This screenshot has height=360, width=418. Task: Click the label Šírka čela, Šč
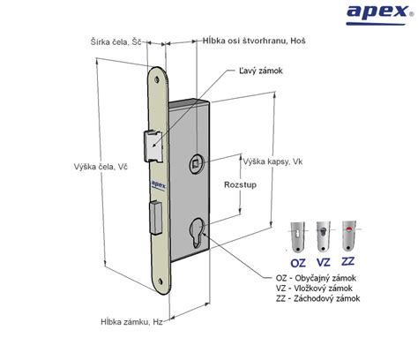[116, 42]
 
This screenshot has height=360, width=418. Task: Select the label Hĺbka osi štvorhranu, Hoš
[254, 41]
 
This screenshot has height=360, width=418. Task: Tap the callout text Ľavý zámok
[261, 71]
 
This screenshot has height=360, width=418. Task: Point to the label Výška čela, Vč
[101, 167]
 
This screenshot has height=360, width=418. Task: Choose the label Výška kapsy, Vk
[272, 161]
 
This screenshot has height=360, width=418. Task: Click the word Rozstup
[240, 185]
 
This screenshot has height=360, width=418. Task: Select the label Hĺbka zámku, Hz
[131, 322]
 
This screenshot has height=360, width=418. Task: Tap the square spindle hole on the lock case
[196, 163]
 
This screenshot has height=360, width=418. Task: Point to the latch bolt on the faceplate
[153, 146]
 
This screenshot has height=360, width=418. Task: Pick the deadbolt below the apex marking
[155, 217]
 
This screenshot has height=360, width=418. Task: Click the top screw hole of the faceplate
[157, 79]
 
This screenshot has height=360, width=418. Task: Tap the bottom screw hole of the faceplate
[160, 281]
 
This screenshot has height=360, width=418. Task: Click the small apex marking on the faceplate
[159, 184]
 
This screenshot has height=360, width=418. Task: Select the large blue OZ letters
[298, 263]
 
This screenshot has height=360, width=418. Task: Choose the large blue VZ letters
[324, 262]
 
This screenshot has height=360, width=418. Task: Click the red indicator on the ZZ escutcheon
[349, 229]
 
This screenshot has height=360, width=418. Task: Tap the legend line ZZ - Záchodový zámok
[317, 298]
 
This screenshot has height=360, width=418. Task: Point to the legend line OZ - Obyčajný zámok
[316, 278]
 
